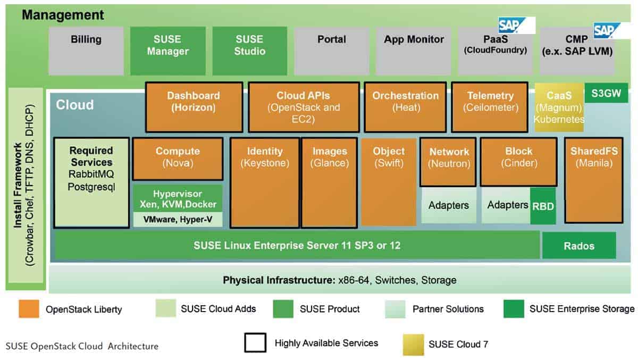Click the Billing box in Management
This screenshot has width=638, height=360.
coord(86,51)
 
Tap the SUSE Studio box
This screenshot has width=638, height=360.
coord(249,51)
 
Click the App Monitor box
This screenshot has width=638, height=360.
coord(414,51)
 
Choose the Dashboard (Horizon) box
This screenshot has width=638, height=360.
coord(194,107)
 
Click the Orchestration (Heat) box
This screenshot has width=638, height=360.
coord(405,107)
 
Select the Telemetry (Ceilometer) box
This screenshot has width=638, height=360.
coord(490,107)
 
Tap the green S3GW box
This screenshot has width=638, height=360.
coord(606,93)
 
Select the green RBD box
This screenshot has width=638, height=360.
coord(543,205)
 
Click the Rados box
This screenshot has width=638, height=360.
coord(579,246)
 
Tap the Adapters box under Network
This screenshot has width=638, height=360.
coord(449,205)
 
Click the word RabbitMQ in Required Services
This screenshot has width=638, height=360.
coord(91,174)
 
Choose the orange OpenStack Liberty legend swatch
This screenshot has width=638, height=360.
coord(29,309)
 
